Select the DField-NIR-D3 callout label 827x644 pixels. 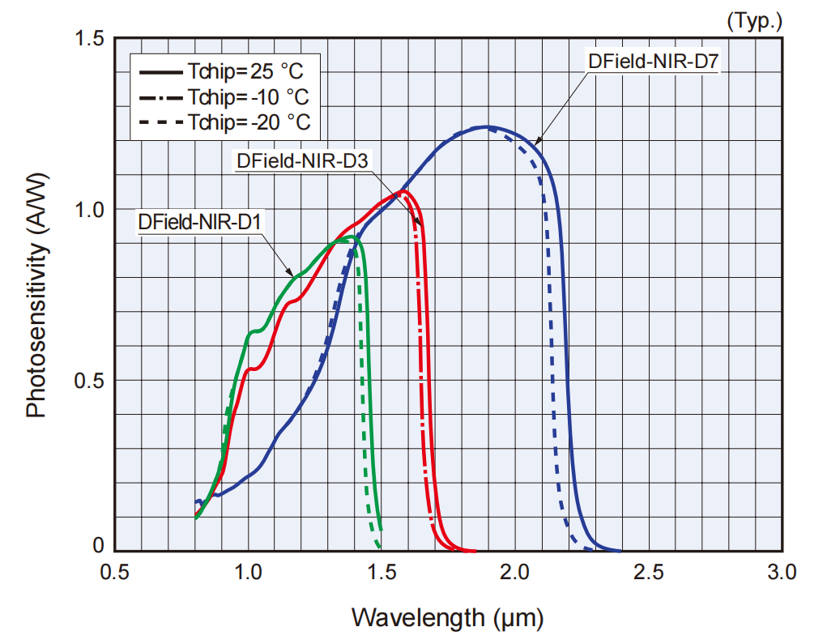[x=302, y=160]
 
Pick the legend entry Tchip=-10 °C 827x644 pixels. [x=224, y=97]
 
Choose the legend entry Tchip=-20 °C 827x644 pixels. [x=224, y=122]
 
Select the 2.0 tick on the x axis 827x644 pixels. [x=515, y=573]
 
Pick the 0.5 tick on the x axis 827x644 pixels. [x=115, y=573]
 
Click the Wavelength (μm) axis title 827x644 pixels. [x=447, y=618]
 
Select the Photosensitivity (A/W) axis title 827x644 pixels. [x=36, y=295]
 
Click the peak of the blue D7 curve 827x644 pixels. [x=486, y=126]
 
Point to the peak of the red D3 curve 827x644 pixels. [x=403, y=192]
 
